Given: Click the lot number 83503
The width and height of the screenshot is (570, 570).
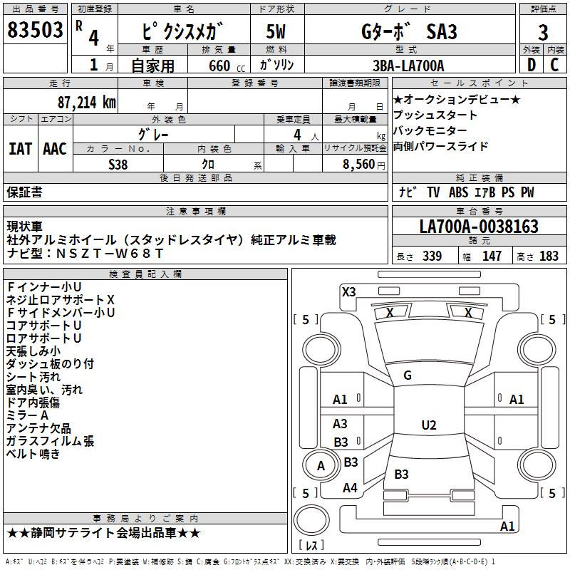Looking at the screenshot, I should coord(35,31).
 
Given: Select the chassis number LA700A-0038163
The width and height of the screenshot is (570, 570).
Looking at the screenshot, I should coord(478,227).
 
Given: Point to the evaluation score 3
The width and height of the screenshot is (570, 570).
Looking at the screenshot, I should coord(543,32).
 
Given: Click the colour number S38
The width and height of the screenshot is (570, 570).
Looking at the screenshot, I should coord(118,165).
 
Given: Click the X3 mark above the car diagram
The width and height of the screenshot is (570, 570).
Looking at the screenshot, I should coord(348,291).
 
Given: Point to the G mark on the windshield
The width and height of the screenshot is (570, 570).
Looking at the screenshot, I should coord(408,375).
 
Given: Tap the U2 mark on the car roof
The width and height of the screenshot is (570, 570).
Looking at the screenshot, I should coord(428,425).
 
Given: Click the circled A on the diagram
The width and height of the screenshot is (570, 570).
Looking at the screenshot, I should coord(321,466).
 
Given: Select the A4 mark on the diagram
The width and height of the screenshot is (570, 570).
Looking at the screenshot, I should coord(350,488).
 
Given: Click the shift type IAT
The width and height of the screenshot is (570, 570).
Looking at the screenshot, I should coord(20,149).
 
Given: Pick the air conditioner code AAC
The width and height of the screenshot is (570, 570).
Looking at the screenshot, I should coord(55,149).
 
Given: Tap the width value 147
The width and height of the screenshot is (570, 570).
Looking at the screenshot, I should coord(492,256).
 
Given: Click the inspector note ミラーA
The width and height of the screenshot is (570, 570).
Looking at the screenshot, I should coord(27,415).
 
